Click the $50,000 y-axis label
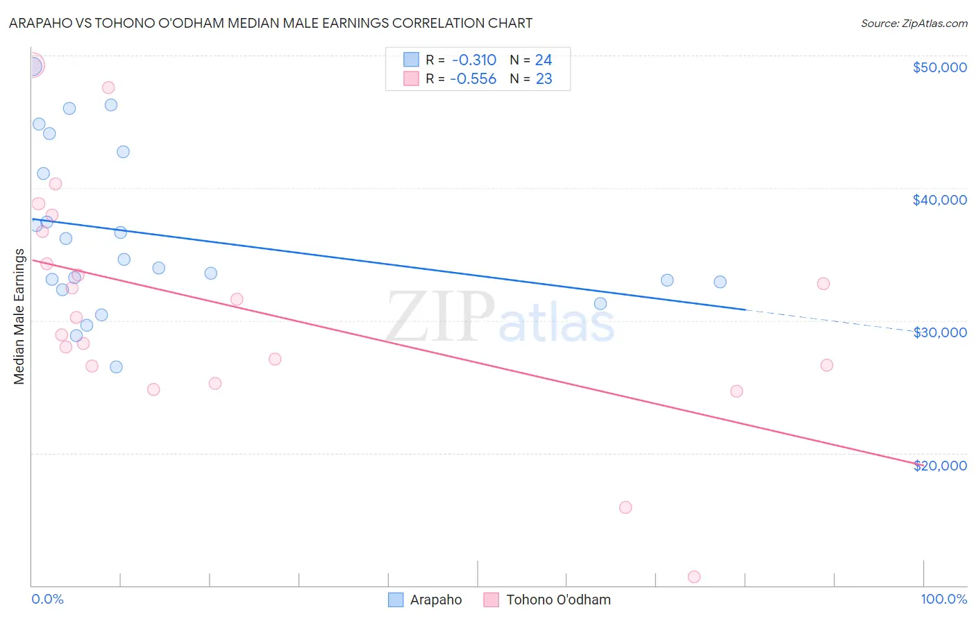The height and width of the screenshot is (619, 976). (x=939, y=67)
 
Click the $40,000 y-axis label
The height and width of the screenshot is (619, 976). (x=939, y=200)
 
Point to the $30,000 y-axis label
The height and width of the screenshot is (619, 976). (x=939, y=332)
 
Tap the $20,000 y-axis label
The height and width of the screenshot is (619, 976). (x=939, y=466)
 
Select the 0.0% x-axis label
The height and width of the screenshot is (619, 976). (x=47, y=600)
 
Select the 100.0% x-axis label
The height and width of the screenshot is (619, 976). (x=943, y=600)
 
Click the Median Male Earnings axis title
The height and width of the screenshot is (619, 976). (x=19, y=316)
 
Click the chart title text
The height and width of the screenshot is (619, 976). (x=271, y=23)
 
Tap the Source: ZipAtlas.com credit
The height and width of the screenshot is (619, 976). (x=914, y=24)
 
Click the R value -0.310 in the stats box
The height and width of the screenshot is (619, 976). (x=474, y=60)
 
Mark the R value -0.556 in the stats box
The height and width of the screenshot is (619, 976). (x=473, y=79)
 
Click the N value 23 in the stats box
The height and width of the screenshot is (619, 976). (x=544, y=79)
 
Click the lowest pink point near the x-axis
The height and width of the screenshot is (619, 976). (x=694, y=577)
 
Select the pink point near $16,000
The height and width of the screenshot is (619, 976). (x=625, y=507)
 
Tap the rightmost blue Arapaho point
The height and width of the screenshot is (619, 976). (x=720, y=282)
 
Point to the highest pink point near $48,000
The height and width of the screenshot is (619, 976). (x=108, y=87)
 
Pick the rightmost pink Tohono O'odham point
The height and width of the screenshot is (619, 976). (x=827, y=365)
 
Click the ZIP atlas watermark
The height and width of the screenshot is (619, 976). (x=500, y=318)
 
